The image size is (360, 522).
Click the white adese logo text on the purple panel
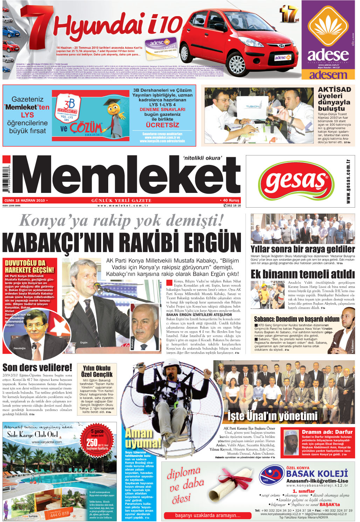click(x=328, y=55)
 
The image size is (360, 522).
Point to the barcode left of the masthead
click(x=6, y=179)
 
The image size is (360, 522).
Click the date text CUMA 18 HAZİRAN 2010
click(x=25, y=201)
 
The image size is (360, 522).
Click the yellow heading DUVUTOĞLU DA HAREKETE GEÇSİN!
click(x=30, y=266)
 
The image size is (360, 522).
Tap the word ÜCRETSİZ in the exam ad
click(x=162, y=125)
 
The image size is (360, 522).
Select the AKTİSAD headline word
click(x=334, y=89)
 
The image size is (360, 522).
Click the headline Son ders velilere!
click(x=37, y=368)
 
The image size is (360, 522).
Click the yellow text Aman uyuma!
click(x=143, y=438)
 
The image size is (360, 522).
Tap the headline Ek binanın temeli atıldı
click(x=303, y=274)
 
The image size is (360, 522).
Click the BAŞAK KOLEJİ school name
click(x=317, y=474)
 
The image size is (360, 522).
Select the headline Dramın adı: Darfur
click(x=327, y=432)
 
